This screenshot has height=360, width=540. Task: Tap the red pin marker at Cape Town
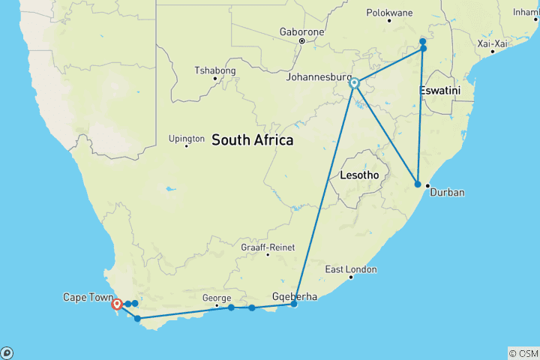pos(117,304)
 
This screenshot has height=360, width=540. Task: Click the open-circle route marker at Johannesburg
pos(354,84)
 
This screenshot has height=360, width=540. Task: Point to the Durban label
pos(446,193)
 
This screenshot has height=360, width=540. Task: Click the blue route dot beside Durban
pos(418,184)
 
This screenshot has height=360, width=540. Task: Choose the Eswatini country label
pos(439,91)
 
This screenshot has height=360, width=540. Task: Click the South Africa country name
pos(252,140)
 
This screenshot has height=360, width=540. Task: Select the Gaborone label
pos(301,32)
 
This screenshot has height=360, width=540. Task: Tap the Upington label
pos(187,138)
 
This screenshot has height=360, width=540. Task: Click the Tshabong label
pos(215,70)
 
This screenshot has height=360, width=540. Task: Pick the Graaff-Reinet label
pos(268,247)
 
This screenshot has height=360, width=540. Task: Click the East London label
pos(351,269)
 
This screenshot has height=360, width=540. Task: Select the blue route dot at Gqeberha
pos(294,304)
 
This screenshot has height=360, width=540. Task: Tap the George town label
pos(217,298)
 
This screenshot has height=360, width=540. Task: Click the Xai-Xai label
pos(493,43)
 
